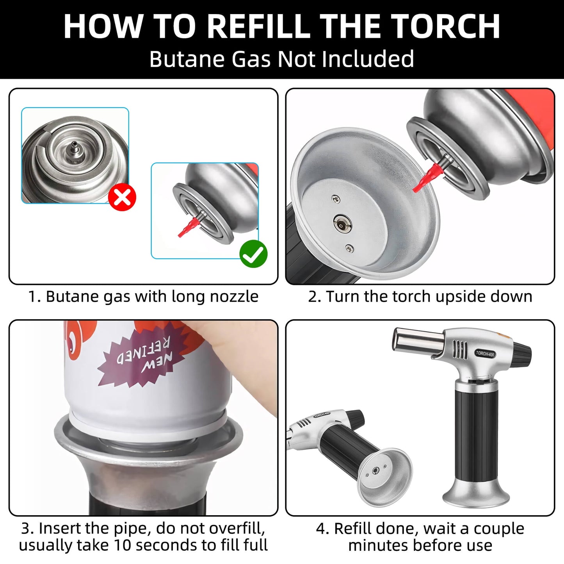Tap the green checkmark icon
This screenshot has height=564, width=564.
click(253, 254)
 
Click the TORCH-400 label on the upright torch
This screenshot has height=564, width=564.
click(485, 354)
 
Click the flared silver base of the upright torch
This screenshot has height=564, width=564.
click(476, 493)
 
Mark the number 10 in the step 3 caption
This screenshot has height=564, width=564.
click(122, 545)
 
